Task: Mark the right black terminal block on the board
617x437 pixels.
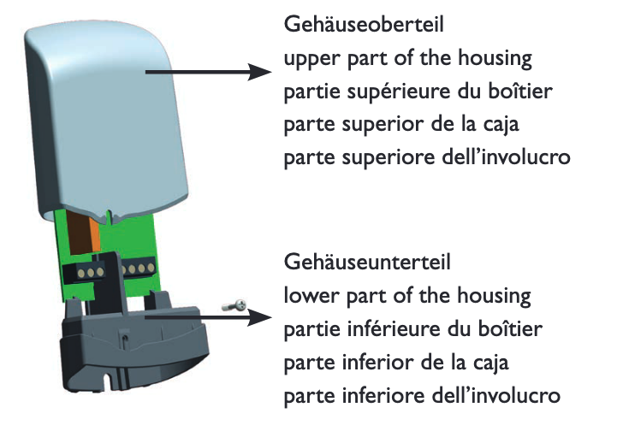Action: pyautogui.click(x=138, y=272)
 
